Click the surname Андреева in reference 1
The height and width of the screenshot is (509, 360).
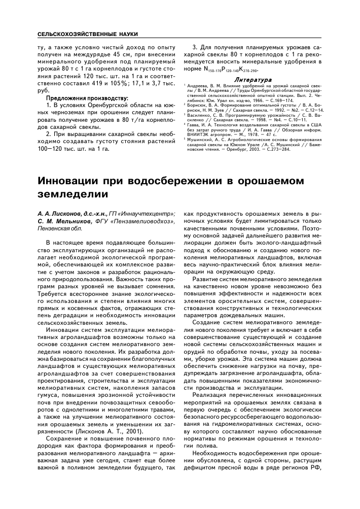198,86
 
